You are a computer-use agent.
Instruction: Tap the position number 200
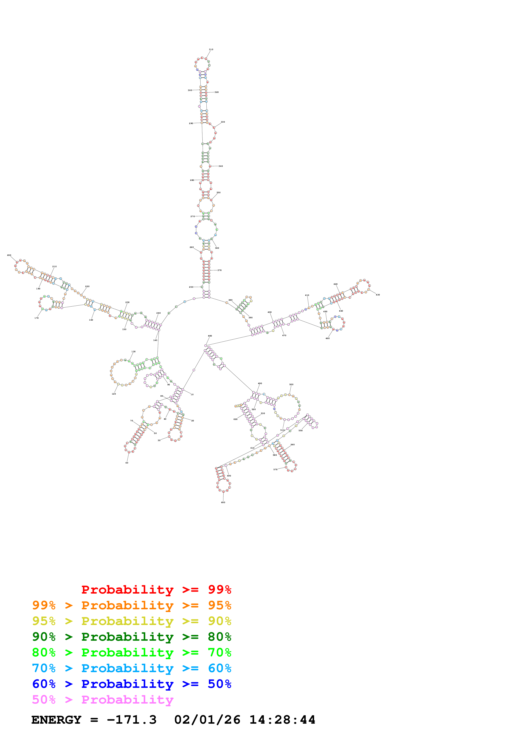tap(9, 255)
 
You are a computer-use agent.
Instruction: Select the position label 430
tap(378, 295)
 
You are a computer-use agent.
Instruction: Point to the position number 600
tap(223, 502)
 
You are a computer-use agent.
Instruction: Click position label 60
tap(127, 463)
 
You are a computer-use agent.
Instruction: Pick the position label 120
tap(114, 394)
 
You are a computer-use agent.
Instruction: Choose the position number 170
tap(36, 318)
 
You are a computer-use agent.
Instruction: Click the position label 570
tap(275, 470)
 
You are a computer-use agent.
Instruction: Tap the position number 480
tap(210, 336)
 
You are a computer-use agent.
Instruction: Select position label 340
tap(221, 166)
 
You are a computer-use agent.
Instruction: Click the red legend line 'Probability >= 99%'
tap(156, 590)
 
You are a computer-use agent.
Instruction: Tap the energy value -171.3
tap(132, 720)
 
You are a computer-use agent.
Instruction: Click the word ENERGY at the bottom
tap(56, 720)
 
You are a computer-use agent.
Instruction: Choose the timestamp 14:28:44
tap(282, 720)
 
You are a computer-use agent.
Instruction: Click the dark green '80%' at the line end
tap(219, 637)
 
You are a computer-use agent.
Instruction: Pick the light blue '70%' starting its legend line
tap(44, 668)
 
